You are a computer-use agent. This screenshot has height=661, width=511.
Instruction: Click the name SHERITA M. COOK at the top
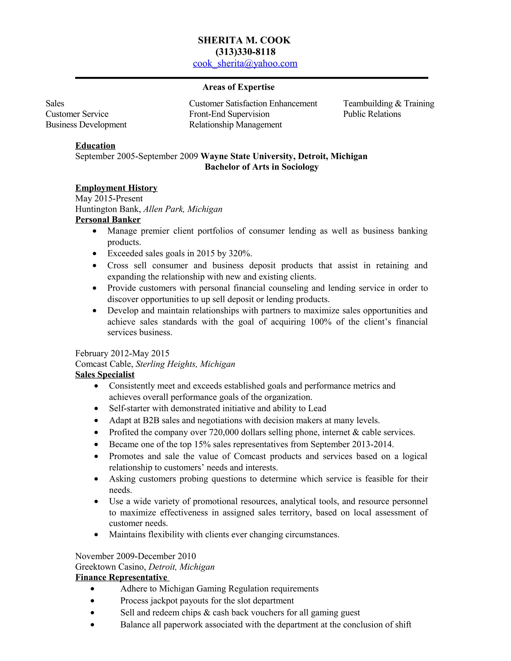244,40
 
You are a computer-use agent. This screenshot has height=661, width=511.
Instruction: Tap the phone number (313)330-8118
245,52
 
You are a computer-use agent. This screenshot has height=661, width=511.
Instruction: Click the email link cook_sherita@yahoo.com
245,64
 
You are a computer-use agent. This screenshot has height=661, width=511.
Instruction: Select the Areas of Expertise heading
238,87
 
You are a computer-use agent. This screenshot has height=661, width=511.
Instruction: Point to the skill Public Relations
372,114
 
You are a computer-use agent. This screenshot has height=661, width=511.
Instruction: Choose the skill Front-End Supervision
229,114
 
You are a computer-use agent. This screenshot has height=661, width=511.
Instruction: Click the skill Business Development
86,125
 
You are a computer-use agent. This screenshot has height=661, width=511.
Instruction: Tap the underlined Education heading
95,146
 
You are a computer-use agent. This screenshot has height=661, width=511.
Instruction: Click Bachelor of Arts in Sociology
261,167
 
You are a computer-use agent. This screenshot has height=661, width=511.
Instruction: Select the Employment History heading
116,188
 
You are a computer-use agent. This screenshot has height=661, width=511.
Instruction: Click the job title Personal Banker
108,220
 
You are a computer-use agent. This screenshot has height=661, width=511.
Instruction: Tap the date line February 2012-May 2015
122,353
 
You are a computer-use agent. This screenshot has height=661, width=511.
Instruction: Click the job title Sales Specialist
105,375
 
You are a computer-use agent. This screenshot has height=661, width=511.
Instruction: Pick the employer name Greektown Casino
111,567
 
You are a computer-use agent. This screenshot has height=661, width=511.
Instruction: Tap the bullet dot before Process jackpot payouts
92,601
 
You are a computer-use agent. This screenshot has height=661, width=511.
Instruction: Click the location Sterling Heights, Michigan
185,364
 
